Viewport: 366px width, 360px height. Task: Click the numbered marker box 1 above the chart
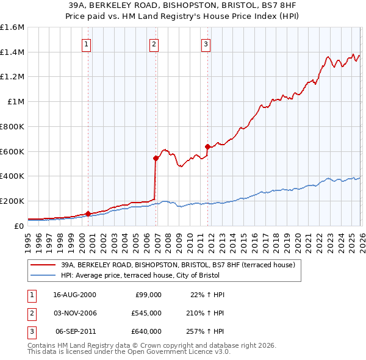coord(87,43)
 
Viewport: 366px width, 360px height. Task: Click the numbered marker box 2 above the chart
coord(154,43)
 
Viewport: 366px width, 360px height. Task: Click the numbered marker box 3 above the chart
coord(206,43)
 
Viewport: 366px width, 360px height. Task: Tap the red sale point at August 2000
coord(88,214)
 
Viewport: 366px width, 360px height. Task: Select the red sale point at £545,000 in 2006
coord(155,158)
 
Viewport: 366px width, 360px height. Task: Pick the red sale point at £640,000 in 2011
coord(207,146)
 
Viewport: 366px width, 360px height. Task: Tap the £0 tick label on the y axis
coord(20,226)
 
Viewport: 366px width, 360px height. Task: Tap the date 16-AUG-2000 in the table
coord(74,295)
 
